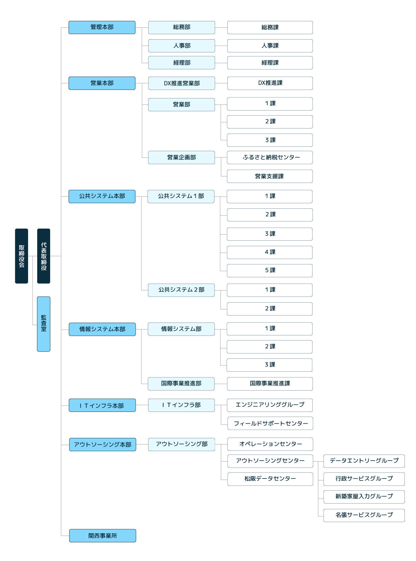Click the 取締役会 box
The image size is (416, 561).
coord(21,256)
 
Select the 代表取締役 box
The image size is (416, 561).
coord(44,256)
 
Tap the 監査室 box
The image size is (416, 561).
coord(44,324)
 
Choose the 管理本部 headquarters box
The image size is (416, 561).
coord(102,27)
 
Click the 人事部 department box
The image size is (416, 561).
coord(182,46)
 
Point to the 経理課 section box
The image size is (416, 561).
coord(270,63)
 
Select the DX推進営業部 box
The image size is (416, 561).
coord(182,83)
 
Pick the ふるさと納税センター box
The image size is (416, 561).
coord(270,158)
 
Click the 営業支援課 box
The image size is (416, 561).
coord(270,176)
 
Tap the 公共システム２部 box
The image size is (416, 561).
coord(181,290)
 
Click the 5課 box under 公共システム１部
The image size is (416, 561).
coord(270,271)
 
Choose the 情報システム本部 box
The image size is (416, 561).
coord(102,329)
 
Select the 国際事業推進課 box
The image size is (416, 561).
coord(270,384)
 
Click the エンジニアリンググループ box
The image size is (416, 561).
coord(270,405)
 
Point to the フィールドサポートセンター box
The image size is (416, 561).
coord(270,423)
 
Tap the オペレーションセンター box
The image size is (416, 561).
coord(270,444)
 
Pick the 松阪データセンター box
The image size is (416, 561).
coord(270,479)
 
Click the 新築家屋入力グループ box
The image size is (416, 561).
coord(364,497)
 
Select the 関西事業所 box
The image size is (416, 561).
coord(102,536)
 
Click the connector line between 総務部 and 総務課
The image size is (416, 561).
coord(221,27)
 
